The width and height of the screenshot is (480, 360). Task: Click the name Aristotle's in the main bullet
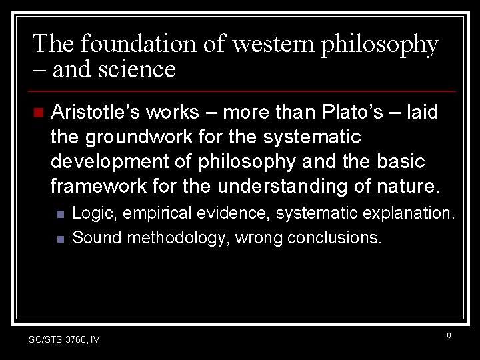pyautogui.click(x=92, y=112)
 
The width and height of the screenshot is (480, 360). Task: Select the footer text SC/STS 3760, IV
pyautogui.click(x=65, y=340)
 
